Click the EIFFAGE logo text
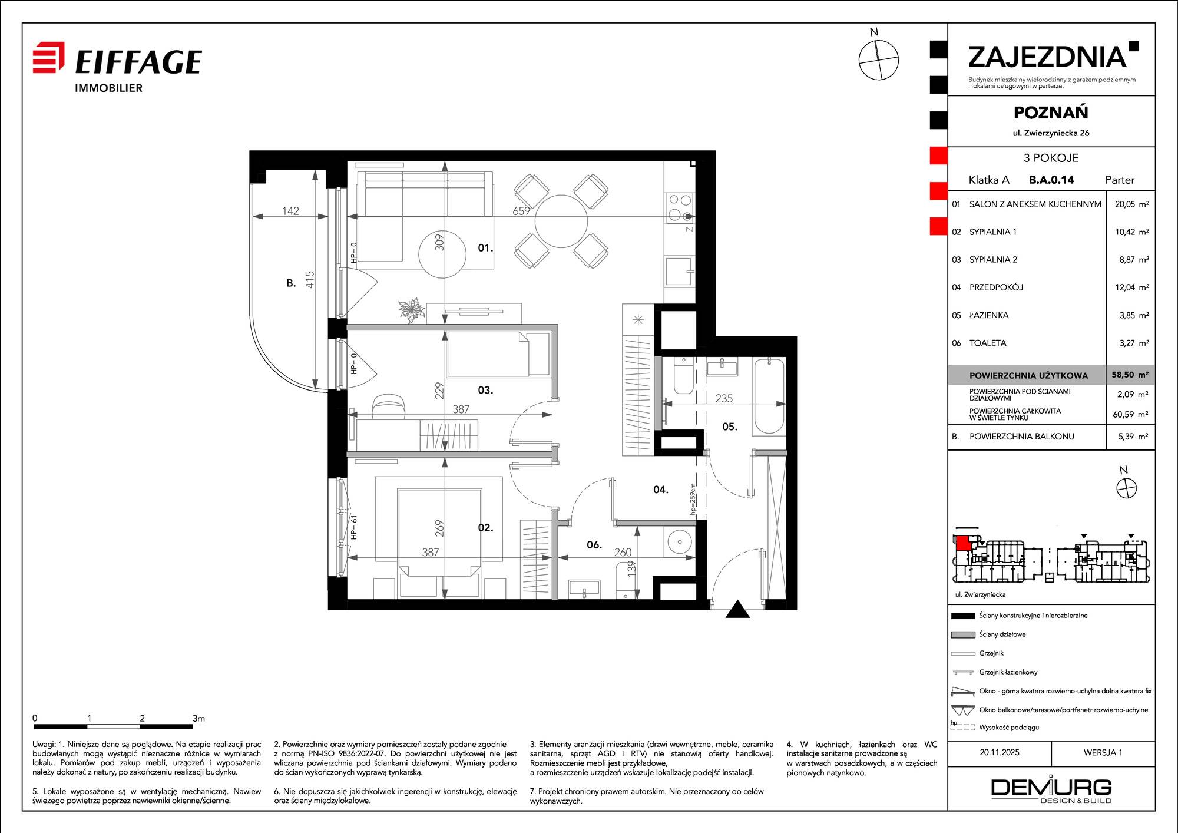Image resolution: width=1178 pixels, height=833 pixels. [138, 62]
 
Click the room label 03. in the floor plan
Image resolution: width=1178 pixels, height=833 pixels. [485, 390]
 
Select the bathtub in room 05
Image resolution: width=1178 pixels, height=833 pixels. [769, 396]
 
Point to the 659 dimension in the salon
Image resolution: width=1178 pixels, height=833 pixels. [521, 210]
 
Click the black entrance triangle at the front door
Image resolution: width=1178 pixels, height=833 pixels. [737, 609]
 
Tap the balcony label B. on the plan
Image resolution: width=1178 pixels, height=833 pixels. [291, 283]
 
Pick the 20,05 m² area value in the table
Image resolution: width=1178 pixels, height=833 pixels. [1131, 204]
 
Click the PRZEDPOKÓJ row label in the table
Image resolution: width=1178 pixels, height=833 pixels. [996, 287]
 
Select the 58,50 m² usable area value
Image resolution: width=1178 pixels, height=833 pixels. [1130, 375]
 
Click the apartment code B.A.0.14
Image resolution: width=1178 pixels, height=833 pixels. [1051, 180]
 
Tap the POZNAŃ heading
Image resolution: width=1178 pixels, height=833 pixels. [1051, 113]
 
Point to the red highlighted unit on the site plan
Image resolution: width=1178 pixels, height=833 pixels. [962, 543]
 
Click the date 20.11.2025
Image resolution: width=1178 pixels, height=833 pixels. [1000, 752]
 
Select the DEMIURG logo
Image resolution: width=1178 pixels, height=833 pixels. [1051, 790]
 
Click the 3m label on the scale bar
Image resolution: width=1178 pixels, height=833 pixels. [198, 718]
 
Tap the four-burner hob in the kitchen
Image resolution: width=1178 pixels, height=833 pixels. [680, 207]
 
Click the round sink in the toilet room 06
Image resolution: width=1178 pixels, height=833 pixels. [680, 541]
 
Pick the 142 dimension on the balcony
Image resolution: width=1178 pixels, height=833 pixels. [290, 211]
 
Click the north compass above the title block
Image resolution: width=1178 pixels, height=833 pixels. [878, 59]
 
